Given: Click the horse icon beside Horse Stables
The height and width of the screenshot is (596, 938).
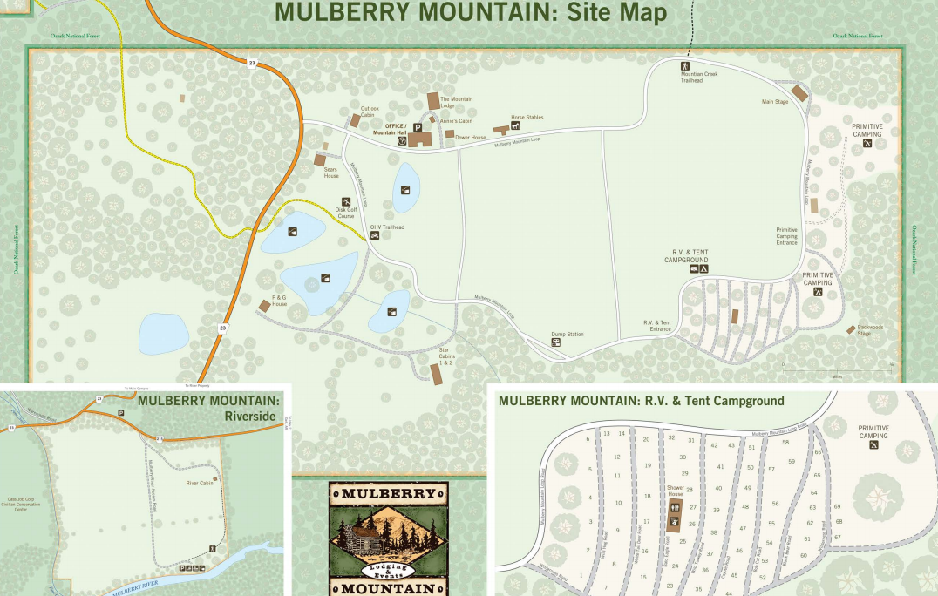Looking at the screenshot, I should click(515, 125).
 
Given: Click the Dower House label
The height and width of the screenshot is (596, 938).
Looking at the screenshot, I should click(470, 137).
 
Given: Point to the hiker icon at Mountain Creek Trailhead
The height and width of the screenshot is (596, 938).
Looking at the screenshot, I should click(685, 66).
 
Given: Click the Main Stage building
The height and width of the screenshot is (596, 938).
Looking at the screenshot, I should click(799, 93).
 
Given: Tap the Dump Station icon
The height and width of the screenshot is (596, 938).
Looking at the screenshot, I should click(555, 343).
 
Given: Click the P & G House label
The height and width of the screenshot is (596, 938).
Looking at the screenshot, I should click(279, 301).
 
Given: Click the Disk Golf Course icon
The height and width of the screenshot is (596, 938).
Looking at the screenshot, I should click(346, 201).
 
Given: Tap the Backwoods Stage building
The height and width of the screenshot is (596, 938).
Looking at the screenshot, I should click(851, 328).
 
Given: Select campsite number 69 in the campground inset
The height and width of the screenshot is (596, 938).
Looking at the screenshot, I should click(837, 506).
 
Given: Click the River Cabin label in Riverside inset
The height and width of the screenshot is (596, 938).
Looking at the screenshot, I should click(199, 483).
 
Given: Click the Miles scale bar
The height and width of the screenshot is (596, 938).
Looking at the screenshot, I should click(837, 372).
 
